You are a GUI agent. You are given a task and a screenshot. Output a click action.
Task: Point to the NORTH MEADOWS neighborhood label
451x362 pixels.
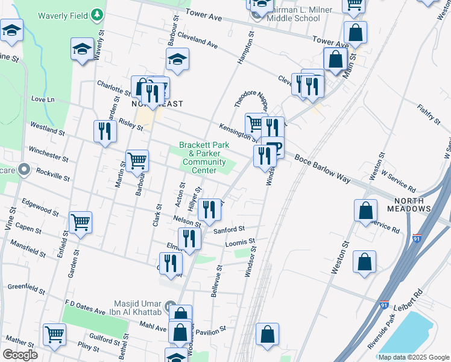pyautogui.click(x=412, y=204)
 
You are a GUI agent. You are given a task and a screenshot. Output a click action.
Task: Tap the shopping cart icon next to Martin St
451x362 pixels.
pyautogui.click(x=137, y=161)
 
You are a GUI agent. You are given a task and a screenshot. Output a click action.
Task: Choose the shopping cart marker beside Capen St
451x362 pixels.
pyautogui.click(x=80, y=222)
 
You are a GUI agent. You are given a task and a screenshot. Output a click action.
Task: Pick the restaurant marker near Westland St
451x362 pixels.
pyautogui.click(x=106, y=131)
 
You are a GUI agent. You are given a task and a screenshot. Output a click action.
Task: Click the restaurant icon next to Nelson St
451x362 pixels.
pyautogui.click(x=209, y=210)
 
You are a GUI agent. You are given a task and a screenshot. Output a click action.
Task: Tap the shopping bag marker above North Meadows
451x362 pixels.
pyautogui.click(x=365, y=211)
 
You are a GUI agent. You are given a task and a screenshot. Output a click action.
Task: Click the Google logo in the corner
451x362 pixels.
pyautogui.click(x=20, y=355)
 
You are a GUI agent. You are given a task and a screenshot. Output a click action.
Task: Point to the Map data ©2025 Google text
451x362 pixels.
pyautogui.click(x=413, y=357)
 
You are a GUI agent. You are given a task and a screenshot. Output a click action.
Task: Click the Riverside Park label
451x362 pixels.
pyautogui.click(x=385, y=332)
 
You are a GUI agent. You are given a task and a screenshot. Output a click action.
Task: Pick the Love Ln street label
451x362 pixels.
pyautogui.click(x=42, y=99)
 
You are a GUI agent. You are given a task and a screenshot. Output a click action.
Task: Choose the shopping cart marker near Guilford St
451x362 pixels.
pyautogui.click(x=54, y=334)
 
